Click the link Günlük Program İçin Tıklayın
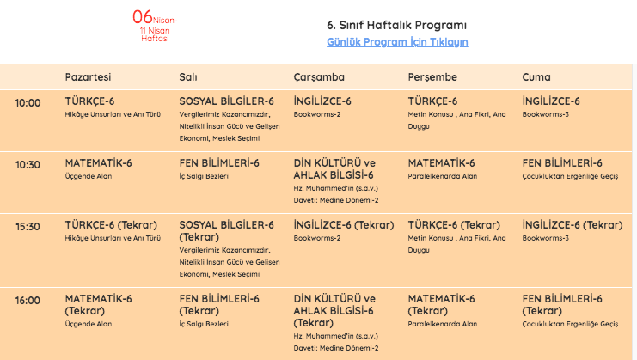point(397,41)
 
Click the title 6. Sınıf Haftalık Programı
point(397,24)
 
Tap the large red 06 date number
point(143,16)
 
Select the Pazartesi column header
point(88,77)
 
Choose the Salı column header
point(188,77)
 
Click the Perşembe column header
point(432,77)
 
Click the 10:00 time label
point(28,103)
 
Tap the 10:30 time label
point(28,165)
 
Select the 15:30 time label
point(28,227)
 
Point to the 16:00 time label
point(28,300)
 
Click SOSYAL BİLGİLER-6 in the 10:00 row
point(226,101)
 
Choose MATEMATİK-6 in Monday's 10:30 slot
point(98,163)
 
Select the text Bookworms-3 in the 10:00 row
point(545,114)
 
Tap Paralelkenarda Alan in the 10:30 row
point(442,176)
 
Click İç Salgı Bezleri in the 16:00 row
point(204,324)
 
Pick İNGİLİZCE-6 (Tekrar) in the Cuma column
point(572,225)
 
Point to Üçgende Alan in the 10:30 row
point(89,176)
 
